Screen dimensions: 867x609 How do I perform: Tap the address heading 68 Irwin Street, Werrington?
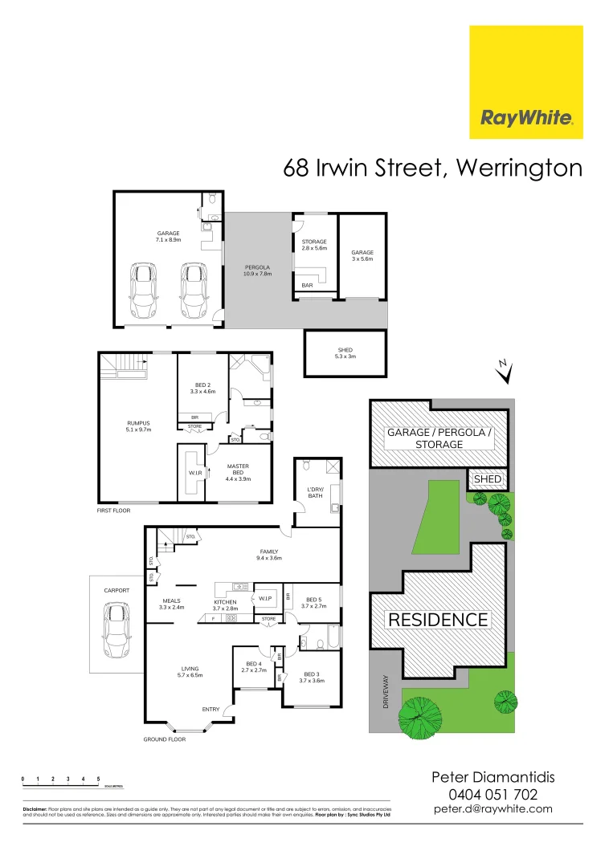[x=432, y=168]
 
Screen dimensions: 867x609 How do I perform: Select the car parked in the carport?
[x=116, y=630]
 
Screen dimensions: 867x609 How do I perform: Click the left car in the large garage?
[x=145, y=291]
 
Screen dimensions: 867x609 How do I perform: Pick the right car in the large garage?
[x=193, y=291]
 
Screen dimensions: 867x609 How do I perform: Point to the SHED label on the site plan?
[x=488, y=479]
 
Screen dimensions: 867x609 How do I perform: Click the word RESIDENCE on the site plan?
[x=438, y=620]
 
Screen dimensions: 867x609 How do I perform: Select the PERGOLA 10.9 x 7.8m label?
[x=258, y=270]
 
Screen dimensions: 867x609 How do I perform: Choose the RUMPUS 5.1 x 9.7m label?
[x=138, y=426]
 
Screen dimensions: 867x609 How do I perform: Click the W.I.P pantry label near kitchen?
[x=265, y=600]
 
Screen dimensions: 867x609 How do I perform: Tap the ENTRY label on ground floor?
[x=210, y=709]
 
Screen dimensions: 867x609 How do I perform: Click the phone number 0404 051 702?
[x=493, y=794]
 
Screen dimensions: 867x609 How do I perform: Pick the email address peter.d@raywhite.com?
[x=493, y=809]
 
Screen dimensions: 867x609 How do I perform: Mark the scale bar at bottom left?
[x=61, y=780]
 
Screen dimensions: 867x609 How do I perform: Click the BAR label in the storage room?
[x=307, y=285]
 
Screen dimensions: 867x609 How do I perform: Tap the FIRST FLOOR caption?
[x=113, y=510]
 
